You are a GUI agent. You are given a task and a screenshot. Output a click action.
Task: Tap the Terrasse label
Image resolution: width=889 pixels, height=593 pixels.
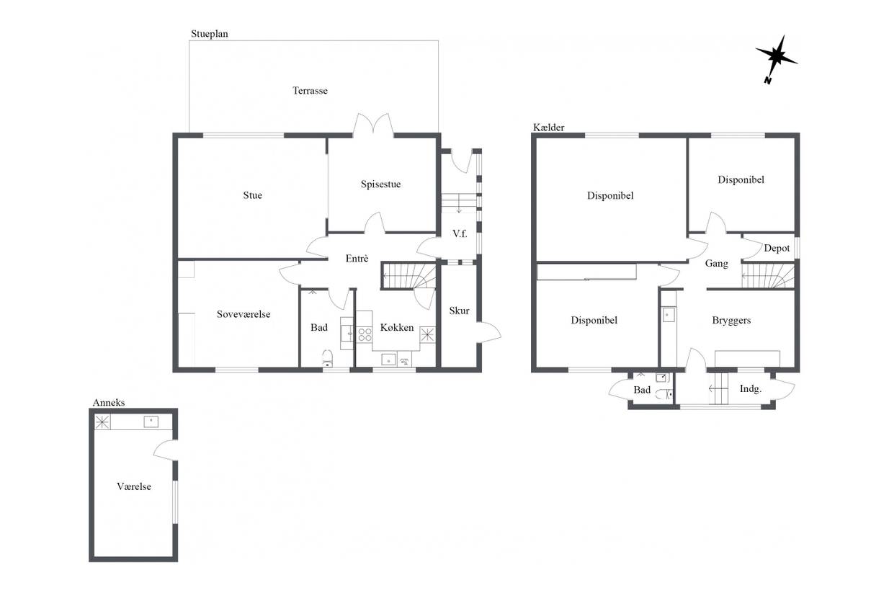pyautogui.click(x=310, y=91)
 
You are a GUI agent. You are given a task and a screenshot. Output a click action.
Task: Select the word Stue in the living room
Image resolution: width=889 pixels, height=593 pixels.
pyautogui.click(x=252, y=195)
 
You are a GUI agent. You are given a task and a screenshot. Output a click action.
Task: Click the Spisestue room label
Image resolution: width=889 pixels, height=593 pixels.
pyautogui.click(x=380, y=184)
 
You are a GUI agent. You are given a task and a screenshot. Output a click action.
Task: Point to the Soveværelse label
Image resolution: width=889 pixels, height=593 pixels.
pyautogui.click(x=244, y=314)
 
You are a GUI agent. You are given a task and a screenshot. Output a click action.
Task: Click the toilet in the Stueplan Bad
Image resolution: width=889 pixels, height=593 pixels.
pyautogui.click(x=327, y=357)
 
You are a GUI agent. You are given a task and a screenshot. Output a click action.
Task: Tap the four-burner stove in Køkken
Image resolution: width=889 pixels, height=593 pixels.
pyautogui.click(x=365, y=334)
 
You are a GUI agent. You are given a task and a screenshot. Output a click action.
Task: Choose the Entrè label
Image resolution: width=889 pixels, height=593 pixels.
pyautogui.click(x=357, y=259)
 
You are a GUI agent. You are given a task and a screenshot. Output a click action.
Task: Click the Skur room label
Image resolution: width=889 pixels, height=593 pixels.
pyautogui.click(x=459, y=311)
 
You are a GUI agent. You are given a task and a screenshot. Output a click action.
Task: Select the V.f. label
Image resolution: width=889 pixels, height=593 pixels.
pyautogui.click(x=460, y=233)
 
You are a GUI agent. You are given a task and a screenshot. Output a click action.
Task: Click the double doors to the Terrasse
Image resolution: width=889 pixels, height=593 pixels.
pyautogui.click(x=373, y=125)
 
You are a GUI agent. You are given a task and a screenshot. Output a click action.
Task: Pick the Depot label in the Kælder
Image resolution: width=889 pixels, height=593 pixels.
pyautogui.click(x=777, y=249)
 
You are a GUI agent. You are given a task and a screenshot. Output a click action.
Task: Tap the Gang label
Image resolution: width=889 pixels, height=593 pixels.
pyautogui.click(x=716, y=264)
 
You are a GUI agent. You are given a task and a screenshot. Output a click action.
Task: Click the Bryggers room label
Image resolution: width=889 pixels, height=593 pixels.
pyautogui.click(x=731, y=321)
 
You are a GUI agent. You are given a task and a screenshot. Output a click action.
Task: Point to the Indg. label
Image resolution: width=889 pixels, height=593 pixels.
pyautogui.click(x=751, y=389)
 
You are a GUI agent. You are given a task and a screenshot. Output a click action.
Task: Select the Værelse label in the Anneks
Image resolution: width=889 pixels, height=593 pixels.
pyautogui.click(x=134, y=486)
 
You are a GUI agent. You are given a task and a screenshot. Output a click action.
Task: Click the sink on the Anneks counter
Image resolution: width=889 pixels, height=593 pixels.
pyautogui.click(x=151, y=422)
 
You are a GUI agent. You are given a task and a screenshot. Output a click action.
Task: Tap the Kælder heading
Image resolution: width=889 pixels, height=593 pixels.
pyautogui.click(x=548, y=128)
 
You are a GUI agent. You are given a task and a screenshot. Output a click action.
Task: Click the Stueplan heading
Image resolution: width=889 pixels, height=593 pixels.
pyautogui.click(x=210, y=34)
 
